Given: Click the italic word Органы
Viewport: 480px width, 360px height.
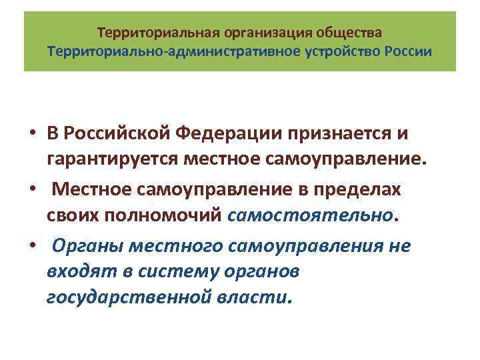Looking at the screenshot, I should point(83,246).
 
